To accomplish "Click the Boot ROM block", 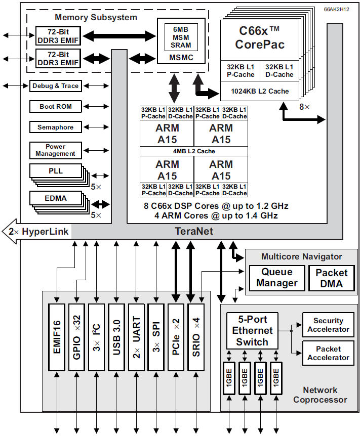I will pos(56,107).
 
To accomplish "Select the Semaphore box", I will pos(56,127).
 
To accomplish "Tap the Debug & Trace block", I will pos(56,86).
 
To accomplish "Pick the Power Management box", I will pos(56,150).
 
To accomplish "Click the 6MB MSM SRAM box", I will pos(181,36).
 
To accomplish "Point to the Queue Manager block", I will pos(277,278).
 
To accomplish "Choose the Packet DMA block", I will pos(332,278).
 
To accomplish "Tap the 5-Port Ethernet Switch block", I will pos(252,331).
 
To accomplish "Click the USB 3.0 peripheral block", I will pos(116,336).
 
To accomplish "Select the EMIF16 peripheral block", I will pos(57,336).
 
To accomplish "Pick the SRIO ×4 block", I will pos(196,336).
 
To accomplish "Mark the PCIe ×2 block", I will pos(176,336).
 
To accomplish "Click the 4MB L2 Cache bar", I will pos(194,151).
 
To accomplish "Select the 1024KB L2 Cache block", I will pos(260,91).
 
